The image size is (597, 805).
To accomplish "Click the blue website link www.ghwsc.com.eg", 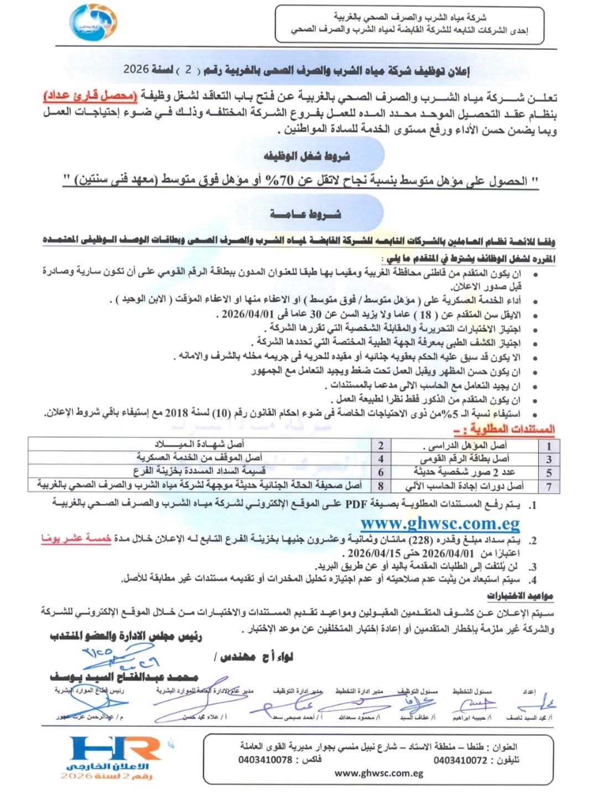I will coord(440,523).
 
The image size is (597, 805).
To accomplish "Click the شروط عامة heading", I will coord(306,214).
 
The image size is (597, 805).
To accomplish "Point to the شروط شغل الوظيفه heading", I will coord(307,156).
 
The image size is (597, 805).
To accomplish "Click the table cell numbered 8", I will coord(381,486).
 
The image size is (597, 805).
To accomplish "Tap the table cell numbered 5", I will coord(549,473).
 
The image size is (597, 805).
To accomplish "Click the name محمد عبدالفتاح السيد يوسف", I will coord(124,677).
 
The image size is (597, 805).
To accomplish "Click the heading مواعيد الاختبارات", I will coord(520,596).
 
